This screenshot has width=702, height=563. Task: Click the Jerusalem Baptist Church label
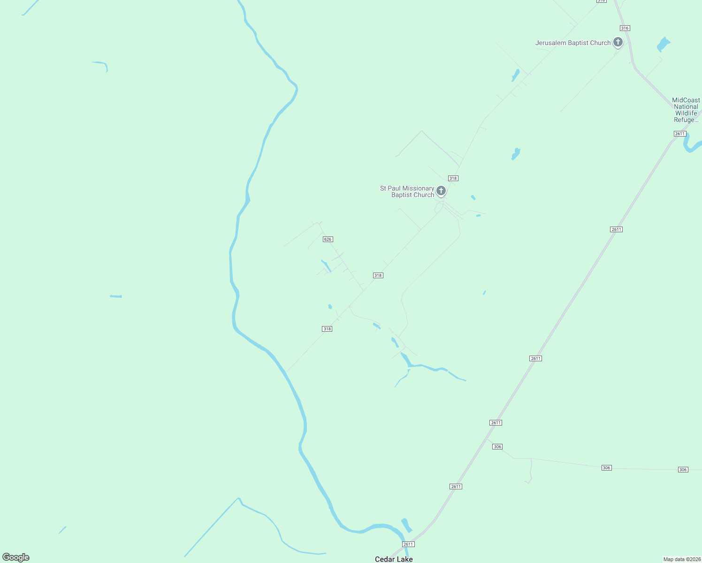(x=573, y=43)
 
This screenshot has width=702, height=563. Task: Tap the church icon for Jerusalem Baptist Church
(x=618, y=42)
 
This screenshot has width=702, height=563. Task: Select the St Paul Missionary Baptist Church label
(x=407, y=191)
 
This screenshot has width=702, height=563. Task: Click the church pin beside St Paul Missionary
(x=441, y=190)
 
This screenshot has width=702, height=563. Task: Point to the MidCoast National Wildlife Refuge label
(x=686, y=110)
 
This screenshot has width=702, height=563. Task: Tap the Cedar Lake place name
(x=394, y=559)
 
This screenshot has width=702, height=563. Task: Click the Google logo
(x=16, y=557)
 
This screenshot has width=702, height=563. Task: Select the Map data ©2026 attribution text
(x=681, y=559)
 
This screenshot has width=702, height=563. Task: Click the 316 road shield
(x=625, y=28)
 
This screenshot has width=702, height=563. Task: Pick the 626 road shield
(x=328, y=239)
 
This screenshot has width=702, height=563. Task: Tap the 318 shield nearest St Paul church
(x=453, y=178)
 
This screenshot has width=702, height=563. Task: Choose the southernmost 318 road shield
(x=327, y=329)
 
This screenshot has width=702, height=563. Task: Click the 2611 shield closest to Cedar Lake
(x=408, y=544)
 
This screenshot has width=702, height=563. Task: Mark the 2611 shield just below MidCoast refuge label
(x=680, y=134)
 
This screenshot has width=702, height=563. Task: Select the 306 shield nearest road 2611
(x=497, y=447)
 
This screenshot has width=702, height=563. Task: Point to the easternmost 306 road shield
(x=683, y=470)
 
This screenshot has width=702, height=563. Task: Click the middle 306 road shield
(x=606, y=468)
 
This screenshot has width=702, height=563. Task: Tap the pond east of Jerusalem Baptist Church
(x=663, y=44)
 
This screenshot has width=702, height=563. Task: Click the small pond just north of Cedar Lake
(x=406, y=525)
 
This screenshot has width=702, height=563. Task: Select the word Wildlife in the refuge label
(x=686, y=113)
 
